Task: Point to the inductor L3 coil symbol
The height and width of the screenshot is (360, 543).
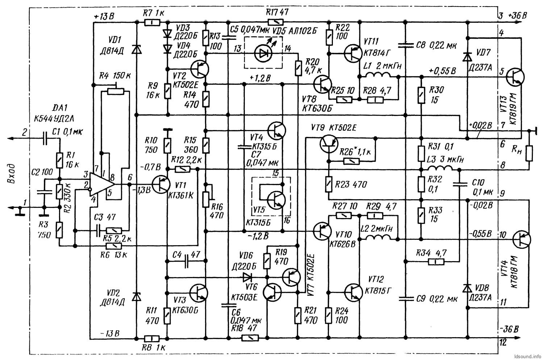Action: tap(439, 169)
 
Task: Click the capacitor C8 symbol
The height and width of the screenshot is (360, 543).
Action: tap(405, 45)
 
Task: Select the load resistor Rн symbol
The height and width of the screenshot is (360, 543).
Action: tap(529, 153)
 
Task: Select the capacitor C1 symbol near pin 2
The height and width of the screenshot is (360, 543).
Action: tap(45, 138)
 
